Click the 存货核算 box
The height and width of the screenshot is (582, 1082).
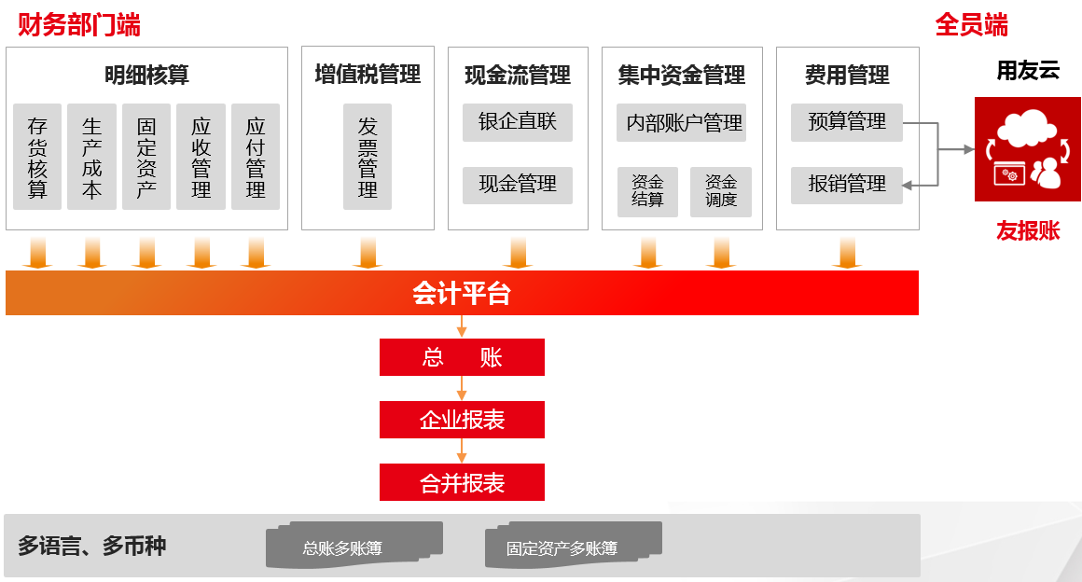(37, 157)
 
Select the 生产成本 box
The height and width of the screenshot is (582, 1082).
(91, 157)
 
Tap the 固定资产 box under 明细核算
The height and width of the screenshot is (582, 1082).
(146, 157)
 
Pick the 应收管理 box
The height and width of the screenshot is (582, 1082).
(201, 157)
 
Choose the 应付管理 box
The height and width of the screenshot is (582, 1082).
(256, 157)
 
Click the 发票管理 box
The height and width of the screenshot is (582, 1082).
(368, 157)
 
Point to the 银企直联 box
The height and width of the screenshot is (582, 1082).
(518, 122)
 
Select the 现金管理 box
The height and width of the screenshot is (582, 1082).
(518, 185)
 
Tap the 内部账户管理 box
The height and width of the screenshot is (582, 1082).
(681, 122)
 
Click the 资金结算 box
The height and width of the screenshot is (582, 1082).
(647, 192)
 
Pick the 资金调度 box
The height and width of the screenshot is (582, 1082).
(720, 192)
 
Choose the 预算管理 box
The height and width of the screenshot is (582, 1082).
(847, 122)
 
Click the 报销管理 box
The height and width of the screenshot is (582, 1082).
(847, 185)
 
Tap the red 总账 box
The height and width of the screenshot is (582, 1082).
(462, 357)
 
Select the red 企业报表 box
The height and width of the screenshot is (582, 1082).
(462, 420)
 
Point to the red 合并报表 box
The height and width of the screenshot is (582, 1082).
(462, 482)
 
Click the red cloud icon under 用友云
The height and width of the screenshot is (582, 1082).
(1028, 149)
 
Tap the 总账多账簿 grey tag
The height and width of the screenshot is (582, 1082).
(354, 546)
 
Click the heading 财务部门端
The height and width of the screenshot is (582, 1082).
(78, 25)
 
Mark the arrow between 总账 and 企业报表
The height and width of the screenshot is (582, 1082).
(462, 388)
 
